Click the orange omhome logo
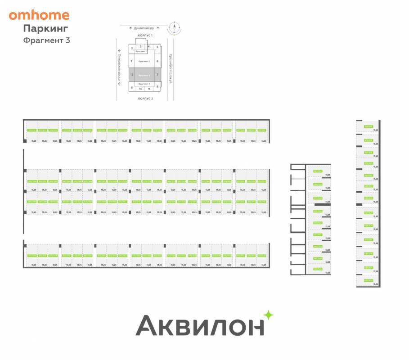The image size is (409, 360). pos(39,15)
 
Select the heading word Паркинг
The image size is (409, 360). pos(45,28)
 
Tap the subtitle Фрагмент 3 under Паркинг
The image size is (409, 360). pos(47,40)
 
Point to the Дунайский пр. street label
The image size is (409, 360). pos(144,28)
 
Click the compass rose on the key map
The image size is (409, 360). pos(173,29)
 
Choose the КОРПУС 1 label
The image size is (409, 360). pos(146,35)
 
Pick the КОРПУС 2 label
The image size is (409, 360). pos(146,98)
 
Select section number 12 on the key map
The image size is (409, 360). pos(132,75)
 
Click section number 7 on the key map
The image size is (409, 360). pos(157,75)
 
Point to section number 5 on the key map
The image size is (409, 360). pos(157,47)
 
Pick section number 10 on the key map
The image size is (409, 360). pos(140,89)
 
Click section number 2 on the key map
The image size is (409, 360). pos(132,48)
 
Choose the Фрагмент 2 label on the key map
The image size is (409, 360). pos(144,61)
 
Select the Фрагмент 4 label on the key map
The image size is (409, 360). pos(144,84)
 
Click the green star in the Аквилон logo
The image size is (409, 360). pos(268,315)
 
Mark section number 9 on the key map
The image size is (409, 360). pos(149,89)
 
